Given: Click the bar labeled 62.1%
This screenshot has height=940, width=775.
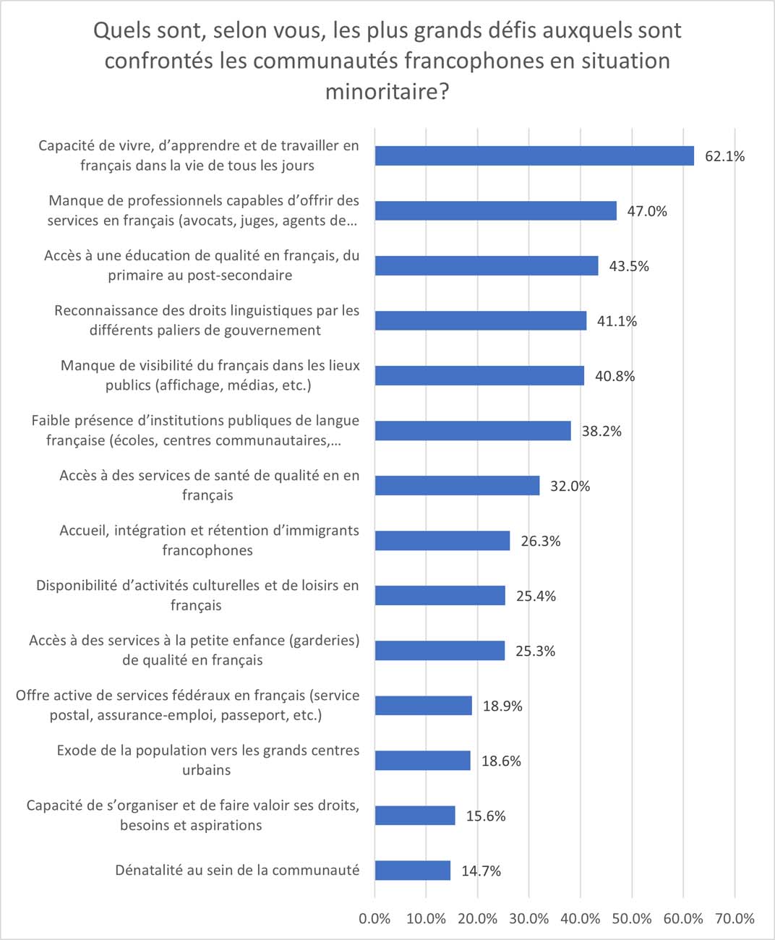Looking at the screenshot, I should click(x=534, y=156).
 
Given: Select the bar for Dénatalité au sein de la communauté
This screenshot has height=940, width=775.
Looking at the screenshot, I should click(x=413, y=871).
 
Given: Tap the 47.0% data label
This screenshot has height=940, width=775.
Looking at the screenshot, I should click(x=647, y=211).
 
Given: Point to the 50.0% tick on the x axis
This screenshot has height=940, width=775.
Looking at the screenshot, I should click(x=632, y=919).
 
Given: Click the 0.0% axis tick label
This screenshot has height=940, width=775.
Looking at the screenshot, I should click(x=374, y=919).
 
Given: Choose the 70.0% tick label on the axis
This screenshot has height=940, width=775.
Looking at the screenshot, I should click(x=735, y=919).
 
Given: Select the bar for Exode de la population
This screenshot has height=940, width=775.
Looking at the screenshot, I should click(x=423, y=761).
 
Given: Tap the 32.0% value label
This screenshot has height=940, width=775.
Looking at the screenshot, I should click(x=570, y=486).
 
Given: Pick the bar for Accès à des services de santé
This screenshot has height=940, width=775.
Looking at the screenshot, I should click(x=457, y=486).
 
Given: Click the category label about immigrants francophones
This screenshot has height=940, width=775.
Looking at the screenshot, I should click(x=208, y=540).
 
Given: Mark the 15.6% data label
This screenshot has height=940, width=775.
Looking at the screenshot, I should click(x=486, y=816).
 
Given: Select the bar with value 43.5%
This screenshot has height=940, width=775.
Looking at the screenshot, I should click(x=487, y=266).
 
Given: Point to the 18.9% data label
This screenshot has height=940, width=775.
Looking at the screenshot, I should click(x=502, y=706).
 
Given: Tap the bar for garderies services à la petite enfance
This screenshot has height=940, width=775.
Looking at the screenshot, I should click(x=440, y=651).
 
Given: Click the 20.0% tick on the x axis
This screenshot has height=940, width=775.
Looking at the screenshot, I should click(x=477, y=919).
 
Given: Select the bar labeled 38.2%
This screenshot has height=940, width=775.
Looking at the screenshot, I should click(x=473, y=431).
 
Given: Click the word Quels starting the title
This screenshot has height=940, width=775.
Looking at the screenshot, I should click(x=121, y=30).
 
